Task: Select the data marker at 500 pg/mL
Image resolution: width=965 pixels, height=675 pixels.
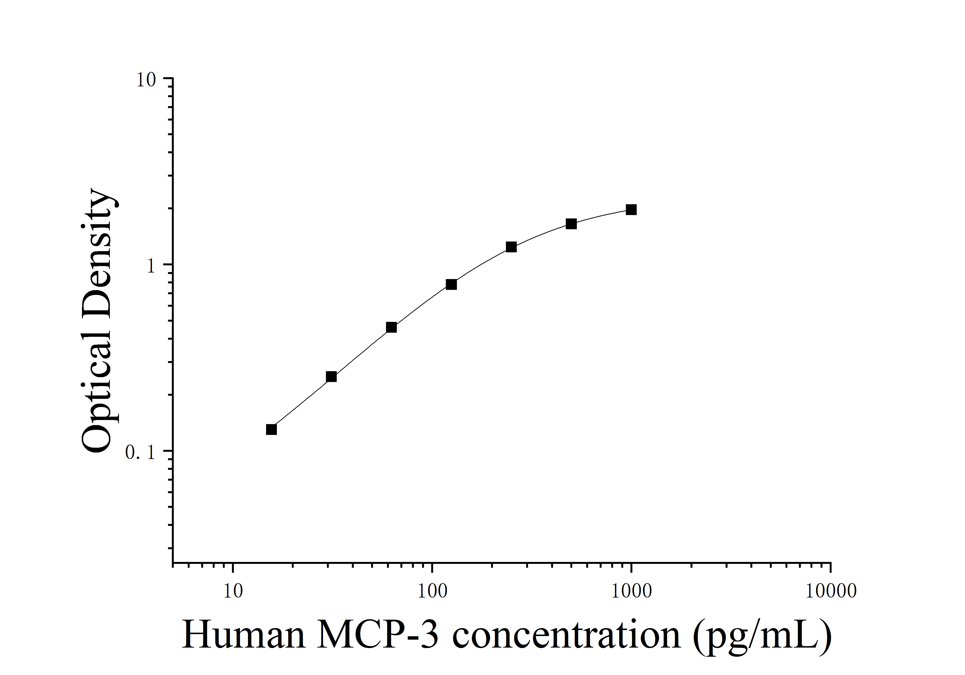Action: [x=571, y=224]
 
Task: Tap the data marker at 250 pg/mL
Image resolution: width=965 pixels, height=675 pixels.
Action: [x=511, y=247]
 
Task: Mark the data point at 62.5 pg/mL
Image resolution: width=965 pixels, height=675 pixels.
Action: [x=391, y=327]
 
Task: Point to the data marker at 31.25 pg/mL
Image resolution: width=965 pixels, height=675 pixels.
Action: [x=331, y=377]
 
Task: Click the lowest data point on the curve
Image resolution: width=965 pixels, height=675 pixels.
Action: [x=272, y=429]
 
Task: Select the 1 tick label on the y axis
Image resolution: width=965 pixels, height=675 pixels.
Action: [x=151, y=266]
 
